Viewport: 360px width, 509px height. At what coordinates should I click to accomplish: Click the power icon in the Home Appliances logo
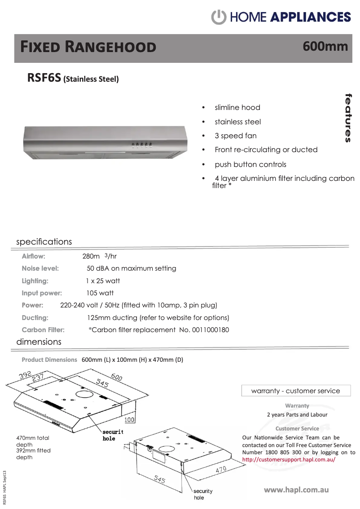[219, 17]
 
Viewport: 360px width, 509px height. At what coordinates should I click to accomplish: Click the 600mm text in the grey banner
[325, 46]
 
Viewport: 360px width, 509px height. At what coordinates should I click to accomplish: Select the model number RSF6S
[44, 78]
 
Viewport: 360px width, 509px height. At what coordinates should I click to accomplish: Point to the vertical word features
[348, 118]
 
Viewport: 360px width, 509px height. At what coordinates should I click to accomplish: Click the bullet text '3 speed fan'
[236, 136]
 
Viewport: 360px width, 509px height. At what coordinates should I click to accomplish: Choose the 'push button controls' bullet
[250, 164]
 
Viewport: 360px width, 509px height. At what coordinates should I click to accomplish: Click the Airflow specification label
[34, 256]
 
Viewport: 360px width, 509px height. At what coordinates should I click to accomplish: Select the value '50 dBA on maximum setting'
[131, 268]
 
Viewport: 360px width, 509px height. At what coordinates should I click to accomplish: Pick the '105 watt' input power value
[100, 293]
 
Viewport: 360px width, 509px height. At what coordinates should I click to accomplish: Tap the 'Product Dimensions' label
[49, 360]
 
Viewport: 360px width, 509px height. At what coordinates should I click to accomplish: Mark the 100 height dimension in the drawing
[129, 420]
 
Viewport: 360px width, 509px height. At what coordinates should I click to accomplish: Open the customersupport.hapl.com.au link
[289, 460]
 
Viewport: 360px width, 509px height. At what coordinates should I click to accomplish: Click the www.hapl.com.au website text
[296, 489]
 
